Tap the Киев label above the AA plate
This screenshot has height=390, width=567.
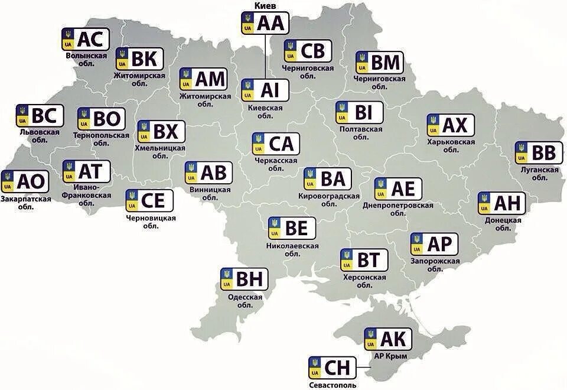pos(265,5)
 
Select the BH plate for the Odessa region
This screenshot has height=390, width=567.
pos(245,279)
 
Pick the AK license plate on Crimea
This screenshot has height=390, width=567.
pos(387,339)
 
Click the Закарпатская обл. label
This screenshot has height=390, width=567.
pos(25,203)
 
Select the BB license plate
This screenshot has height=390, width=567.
pos(539,153)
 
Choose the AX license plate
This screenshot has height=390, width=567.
pos(450,125)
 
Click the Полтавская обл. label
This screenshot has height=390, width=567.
pos(361,132)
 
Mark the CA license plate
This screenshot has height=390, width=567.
pos(276,144)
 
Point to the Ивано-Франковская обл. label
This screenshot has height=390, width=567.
pos(87,194)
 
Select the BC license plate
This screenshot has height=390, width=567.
pos(40,116)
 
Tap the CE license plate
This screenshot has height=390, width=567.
pos(149,201)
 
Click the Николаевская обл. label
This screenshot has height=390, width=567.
pos(292,249)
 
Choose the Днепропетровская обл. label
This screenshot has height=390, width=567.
pos(398,209)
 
